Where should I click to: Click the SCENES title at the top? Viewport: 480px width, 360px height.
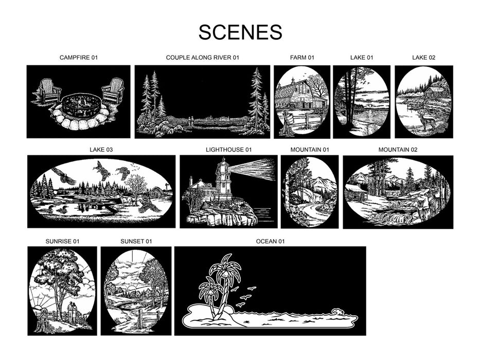(240, 32)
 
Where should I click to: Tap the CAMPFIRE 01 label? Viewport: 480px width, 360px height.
(79, 58)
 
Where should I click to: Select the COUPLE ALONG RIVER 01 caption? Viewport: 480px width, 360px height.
(202, 58)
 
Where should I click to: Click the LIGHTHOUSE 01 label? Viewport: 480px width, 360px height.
(228, 150)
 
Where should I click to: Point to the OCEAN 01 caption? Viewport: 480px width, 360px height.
(270, 241)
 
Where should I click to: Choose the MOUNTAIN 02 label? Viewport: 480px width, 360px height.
(398, 150)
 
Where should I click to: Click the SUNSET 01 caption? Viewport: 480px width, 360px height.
(136, 241)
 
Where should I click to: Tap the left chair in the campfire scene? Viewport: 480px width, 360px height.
(49, 91)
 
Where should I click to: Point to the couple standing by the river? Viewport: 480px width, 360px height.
(191, 121)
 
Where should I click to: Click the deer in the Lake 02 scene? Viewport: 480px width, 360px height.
(428, 119)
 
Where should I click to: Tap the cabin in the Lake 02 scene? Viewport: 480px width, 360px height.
(432, 92)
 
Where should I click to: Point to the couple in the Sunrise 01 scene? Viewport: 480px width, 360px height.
(72, 312)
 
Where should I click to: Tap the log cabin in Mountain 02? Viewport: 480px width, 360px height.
(355, 192)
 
